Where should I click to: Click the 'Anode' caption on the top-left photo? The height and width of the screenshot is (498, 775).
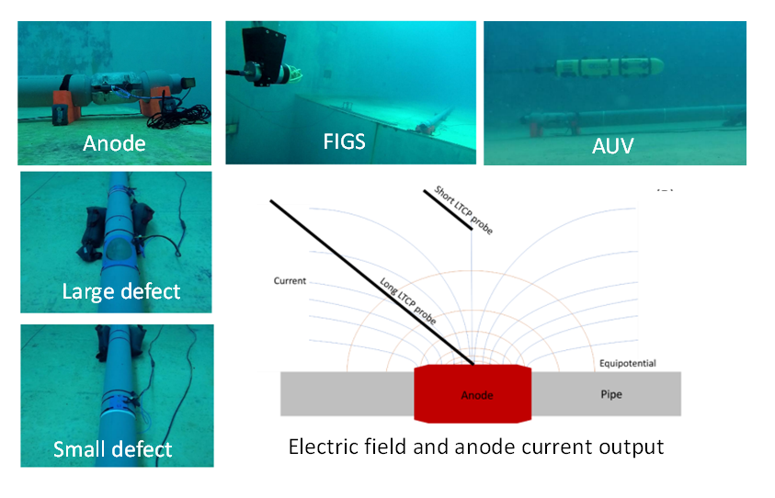coord(114,144)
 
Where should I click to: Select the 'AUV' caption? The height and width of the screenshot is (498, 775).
coord(614,144)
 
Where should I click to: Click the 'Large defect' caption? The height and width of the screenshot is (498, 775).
coord(121,292)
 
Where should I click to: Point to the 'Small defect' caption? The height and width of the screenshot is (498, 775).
coord(113,449)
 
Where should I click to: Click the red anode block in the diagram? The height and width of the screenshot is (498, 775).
coord(473,394)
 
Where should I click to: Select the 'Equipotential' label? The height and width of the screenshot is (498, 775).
coord(627,363)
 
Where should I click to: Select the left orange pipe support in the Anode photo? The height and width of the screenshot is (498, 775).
coord(64,104)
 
